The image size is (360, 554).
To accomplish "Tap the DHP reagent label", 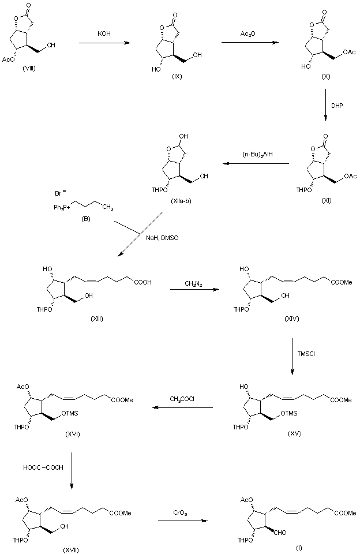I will [337, 106].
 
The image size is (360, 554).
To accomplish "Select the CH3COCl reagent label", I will [182, 399].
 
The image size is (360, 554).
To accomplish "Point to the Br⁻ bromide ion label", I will [58, 189].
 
